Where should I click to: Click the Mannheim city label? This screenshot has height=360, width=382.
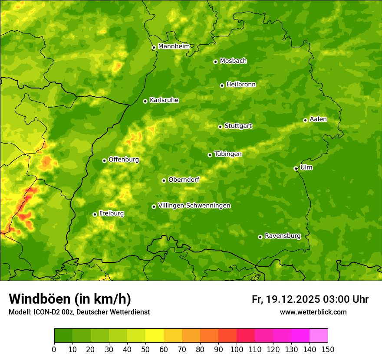174,46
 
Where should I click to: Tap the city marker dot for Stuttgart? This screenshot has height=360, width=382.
220,127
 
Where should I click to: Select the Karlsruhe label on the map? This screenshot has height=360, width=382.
164,100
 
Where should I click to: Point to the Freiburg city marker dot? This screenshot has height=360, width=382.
95,214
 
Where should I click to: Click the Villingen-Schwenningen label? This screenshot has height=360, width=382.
194,205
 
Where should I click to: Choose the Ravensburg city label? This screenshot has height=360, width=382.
283,236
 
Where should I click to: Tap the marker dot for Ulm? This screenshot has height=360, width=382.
296,168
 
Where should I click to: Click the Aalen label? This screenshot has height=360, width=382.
318,119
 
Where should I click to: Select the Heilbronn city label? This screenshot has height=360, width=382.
241,84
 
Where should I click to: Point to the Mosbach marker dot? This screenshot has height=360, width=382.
215,62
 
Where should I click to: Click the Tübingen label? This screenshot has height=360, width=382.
228,154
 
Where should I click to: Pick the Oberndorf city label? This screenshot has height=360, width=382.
184,179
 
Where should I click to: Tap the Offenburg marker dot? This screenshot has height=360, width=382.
104,160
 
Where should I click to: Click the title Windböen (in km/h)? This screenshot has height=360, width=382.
69,299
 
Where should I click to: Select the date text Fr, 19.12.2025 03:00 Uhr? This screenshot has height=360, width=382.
310,299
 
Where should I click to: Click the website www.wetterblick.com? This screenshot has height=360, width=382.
313,312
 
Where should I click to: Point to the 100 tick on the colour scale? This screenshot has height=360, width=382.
237,349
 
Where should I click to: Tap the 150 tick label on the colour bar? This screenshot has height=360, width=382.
328,349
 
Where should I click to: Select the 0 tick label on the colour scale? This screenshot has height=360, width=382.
54,349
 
